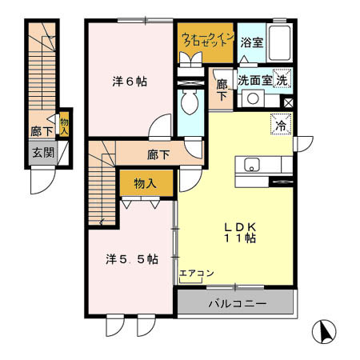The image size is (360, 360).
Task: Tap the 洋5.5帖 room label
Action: click(131, 259)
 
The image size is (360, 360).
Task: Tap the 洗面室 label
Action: click(254, 81)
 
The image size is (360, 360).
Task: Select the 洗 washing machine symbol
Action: click(282, 80)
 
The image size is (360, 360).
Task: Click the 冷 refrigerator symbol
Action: click(281, 124)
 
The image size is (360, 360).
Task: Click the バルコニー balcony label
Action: click(237, 304)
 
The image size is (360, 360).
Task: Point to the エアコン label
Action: click(196, 274)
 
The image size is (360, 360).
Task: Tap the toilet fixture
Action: click(190, 102)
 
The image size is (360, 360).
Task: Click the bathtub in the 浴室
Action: click(279, 41)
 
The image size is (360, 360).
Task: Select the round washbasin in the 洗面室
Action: click(252, 99)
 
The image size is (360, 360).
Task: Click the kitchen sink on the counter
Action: click(252, 166)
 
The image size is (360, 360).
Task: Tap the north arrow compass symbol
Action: click(324, 330)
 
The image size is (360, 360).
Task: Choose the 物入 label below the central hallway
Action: click(145, 184)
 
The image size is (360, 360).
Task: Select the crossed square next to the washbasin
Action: click(288, 102)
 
